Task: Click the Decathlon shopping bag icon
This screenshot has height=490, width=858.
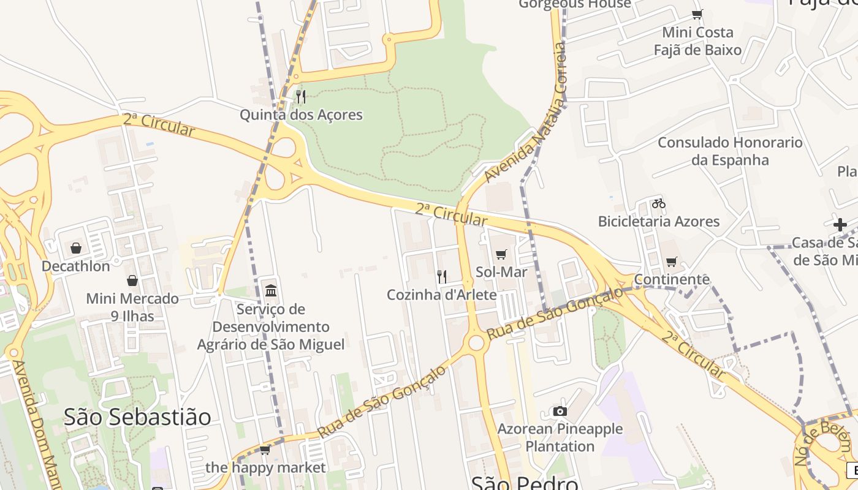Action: (76, 248)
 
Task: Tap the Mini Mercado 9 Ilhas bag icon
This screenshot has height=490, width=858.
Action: (132, 281)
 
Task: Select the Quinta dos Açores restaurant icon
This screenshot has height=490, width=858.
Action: (300, 97)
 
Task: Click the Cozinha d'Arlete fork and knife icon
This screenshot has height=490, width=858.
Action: (442, 277)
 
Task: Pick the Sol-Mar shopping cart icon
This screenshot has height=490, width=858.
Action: (501, 254)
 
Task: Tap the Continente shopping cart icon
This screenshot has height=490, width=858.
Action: (672, 262)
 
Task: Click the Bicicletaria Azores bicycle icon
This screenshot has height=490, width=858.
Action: (659, 203)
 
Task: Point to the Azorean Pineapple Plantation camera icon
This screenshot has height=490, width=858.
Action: (560, 412)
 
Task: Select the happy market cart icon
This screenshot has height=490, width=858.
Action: (265, 450)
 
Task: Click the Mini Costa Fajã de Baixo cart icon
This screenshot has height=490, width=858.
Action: (697, 14)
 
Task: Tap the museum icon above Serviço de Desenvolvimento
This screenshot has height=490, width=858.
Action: (271, 290)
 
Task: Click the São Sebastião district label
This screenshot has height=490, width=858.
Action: (137, 417)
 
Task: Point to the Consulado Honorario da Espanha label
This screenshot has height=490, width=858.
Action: (730, 151)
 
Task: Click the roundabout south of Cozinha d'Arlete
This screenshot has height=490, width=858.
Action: (476, 343)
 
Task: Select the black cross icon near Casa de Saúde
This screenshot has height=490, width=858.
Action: (840, 225)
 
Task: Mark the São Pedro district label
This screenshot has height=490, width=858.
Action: (525, 483)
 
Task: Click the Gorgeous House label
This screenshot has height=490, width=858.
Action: (575, 4)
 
